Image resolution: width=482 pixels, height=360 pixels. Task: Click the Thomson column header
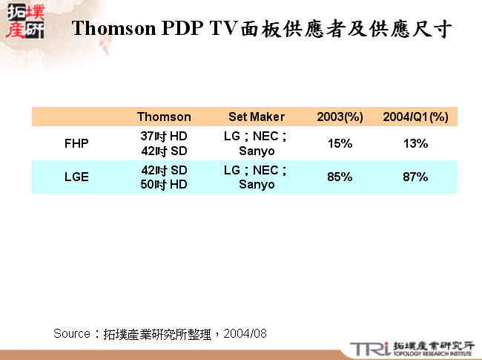pos(164,117)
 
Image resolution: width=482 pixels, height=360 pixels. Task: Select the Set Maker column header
pos(257,117)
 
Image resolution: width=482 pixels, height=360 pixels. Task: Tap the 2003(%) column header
pos(340,117)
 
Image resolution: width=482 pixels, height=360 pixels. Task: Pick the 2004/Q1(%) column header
pos(415,117)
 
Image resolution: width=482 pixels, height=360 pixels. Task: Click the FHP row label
pos(76,144)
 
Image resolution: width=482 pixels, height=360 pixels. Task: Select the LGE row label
pos(76,177)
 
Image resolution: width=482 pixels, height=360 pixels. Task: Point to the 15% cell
pos(340,144)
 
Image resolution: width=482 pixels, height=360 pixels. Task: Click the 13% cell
pos(415,144)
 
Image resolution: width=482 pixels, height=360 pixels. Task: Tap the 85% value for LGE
pos(340,177)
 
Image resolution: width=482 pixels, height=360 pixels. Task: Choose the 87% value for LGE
pos(415,177)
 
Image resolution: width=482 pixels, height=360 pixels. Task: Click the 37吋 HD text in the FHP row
pos(164,137)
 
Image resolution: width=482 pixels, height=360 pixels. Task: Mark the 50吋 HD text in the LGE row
pos(164,184)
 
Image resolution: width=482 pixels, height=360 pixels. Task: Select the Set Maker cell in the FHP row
pos(257,144)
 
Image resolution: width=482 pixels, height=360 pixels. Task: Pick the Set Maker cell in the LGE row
pos(257,177)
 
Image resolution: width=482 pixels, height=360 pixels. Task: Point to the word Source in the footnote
pos(72,334)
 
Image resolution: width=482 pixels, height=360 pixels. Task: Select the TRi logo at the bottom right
pos(367,347)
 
